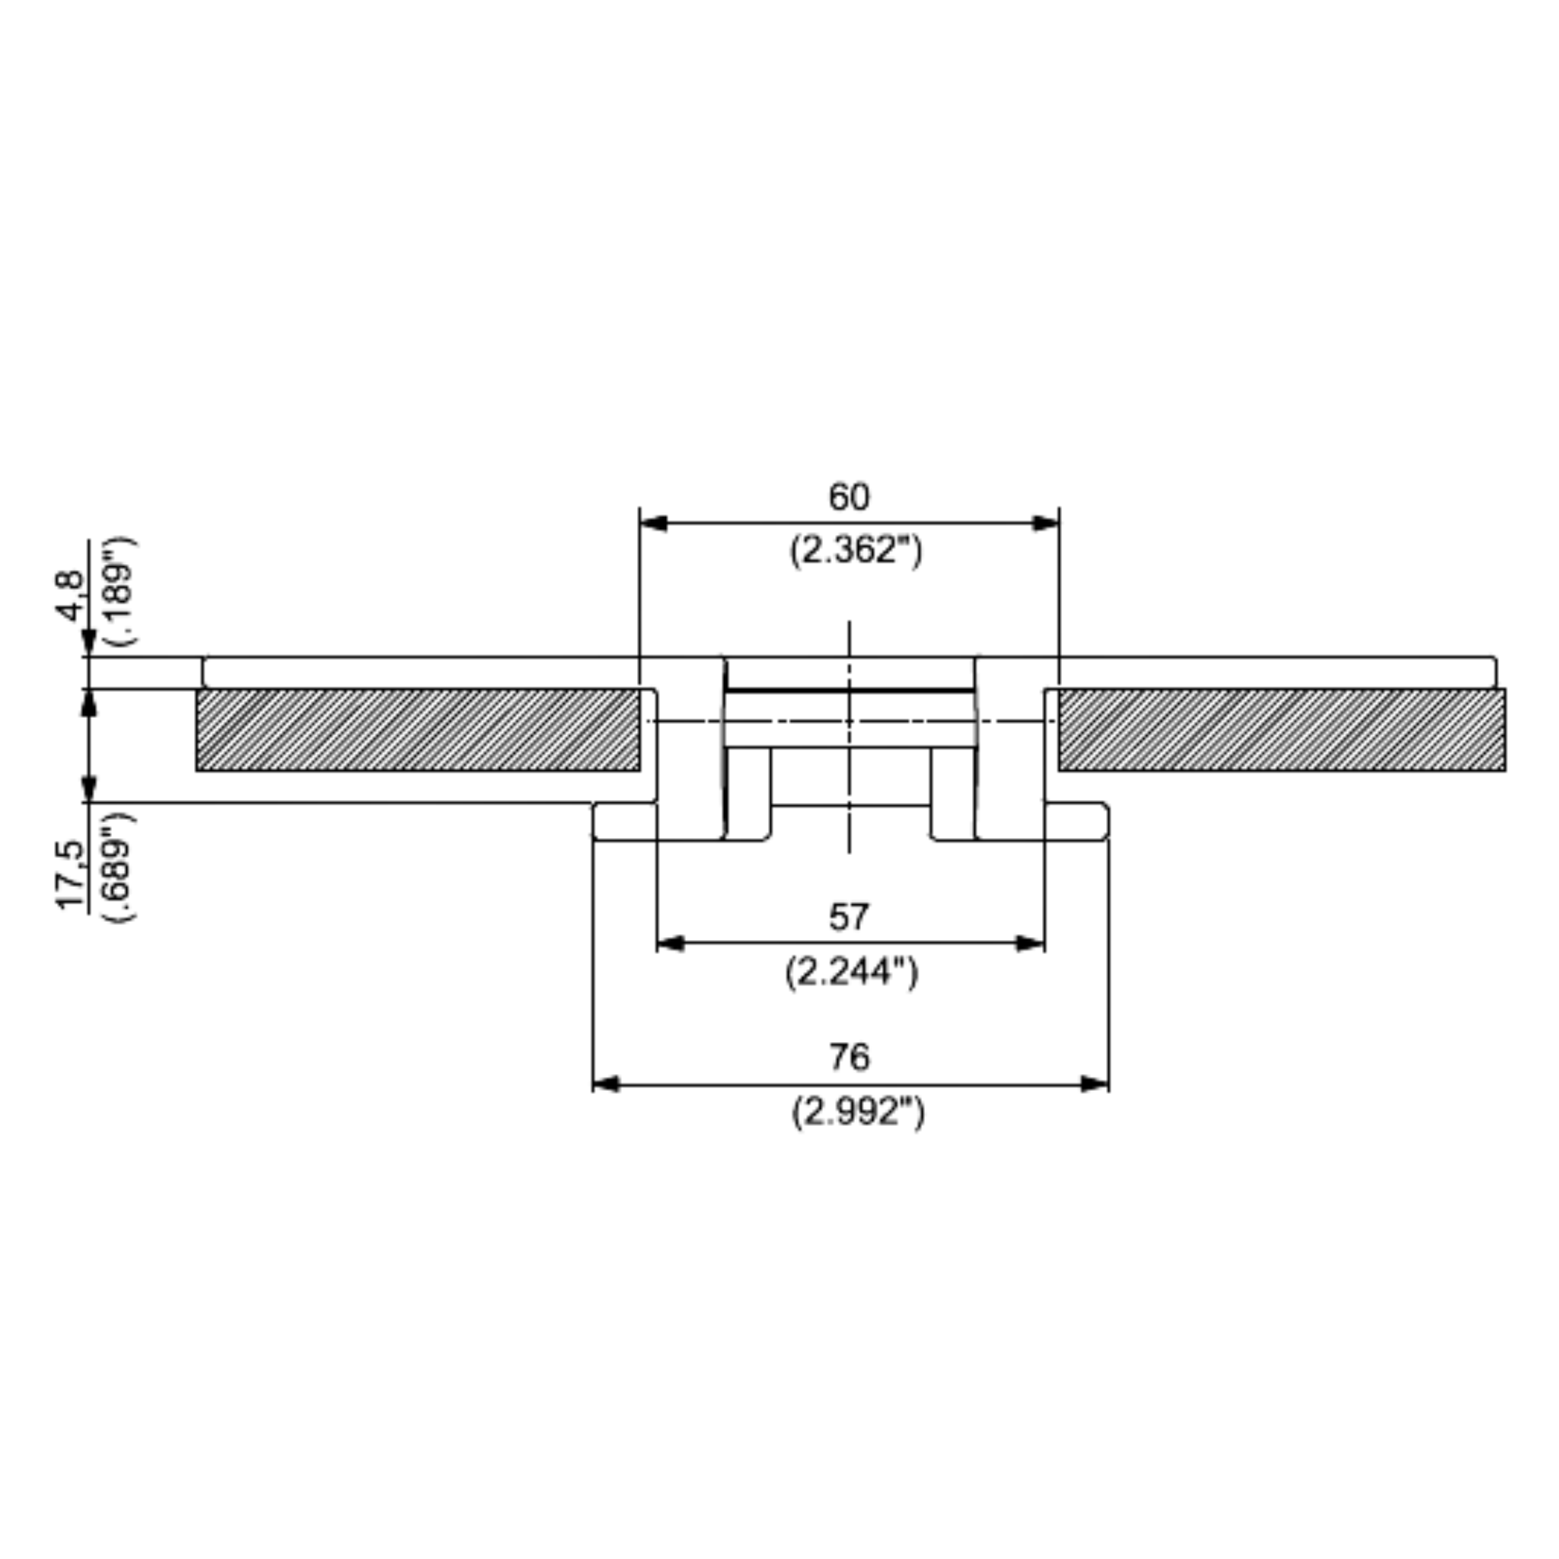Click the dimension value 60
coord(849,497)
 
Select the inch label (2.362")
coord(855,551)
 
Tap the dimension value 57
coord(849,917)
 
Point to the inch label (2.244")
coord(851,972)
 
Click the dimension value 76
coord(850,1057)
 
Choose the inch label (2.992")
coord(857,1113)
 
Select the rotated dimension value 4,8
coord(71,596)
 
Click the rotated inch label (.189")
coord(121,590)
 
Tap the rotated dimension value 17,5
coord(71,875)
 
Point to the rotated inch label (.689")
coord(121,869)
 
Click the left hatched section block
coord(418,729)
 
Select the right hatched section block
coord(1281,729)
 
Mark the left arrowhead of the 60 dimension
coord(653,524)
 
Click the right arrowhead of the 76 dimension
coord(1095,1084)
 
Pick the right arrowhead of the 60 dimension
coord(1046,524)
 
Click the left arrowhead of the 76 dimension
coord(607,1084)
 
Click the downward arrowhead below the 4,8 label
coord(90,642)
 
